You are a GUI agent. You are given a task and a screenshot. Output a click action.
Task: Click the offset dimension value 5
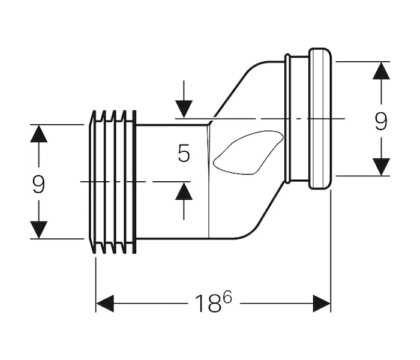click(184, 154)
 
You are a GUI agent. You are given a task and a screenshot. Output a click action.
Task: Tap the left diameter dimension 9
click(38, 184)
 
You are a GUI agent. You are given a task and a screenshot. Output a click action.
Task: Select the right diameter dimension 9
click(380, 122)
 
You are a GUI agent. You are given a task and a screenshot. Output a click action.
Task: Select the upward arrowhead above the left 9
click(38, 133)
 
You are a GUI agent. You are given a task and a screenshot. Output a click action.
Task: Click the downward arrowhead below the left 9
click(38, 230)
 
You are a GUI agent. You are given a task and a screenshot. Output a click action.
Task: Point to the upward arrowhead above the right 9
click(380, 70)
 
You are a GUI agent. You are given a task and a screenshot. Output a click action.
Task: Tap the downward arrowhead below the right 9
click(380, 166)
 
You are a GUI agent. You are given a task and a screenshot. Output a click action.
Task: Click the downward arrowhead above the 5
click(184, 109)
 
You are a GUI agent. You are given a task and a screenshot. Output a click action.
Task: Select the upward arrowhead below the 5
click(184, 191)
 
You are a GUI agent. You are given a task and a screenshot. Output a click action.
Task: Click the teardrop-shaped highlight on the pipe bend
click(246, 154)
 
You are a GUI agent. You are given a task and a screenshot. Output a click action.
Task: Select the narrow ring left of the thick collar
click(288, 118)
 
